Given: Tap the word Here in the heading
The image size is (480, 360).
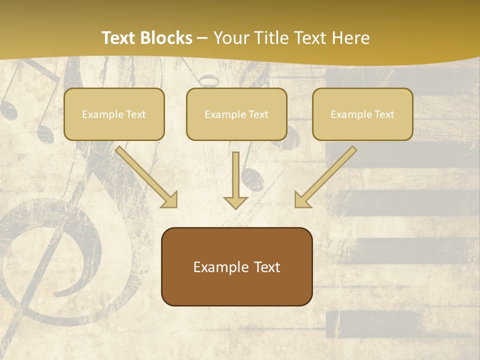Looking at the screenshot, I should coord(352,38).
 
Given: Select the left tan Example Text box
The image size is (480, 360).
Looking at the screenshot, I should coord(114,114).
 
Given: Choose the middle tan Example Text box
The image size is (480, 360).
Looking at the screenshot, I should coord(236,114).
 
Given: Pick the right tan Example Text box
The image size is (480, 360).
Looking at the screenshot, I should coord(362,114).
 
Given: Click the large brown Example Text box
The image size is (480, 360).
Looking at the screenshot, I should coord(236,266).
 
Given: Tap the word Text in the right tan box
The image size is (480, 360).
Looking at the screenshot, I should coord(384,114).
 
